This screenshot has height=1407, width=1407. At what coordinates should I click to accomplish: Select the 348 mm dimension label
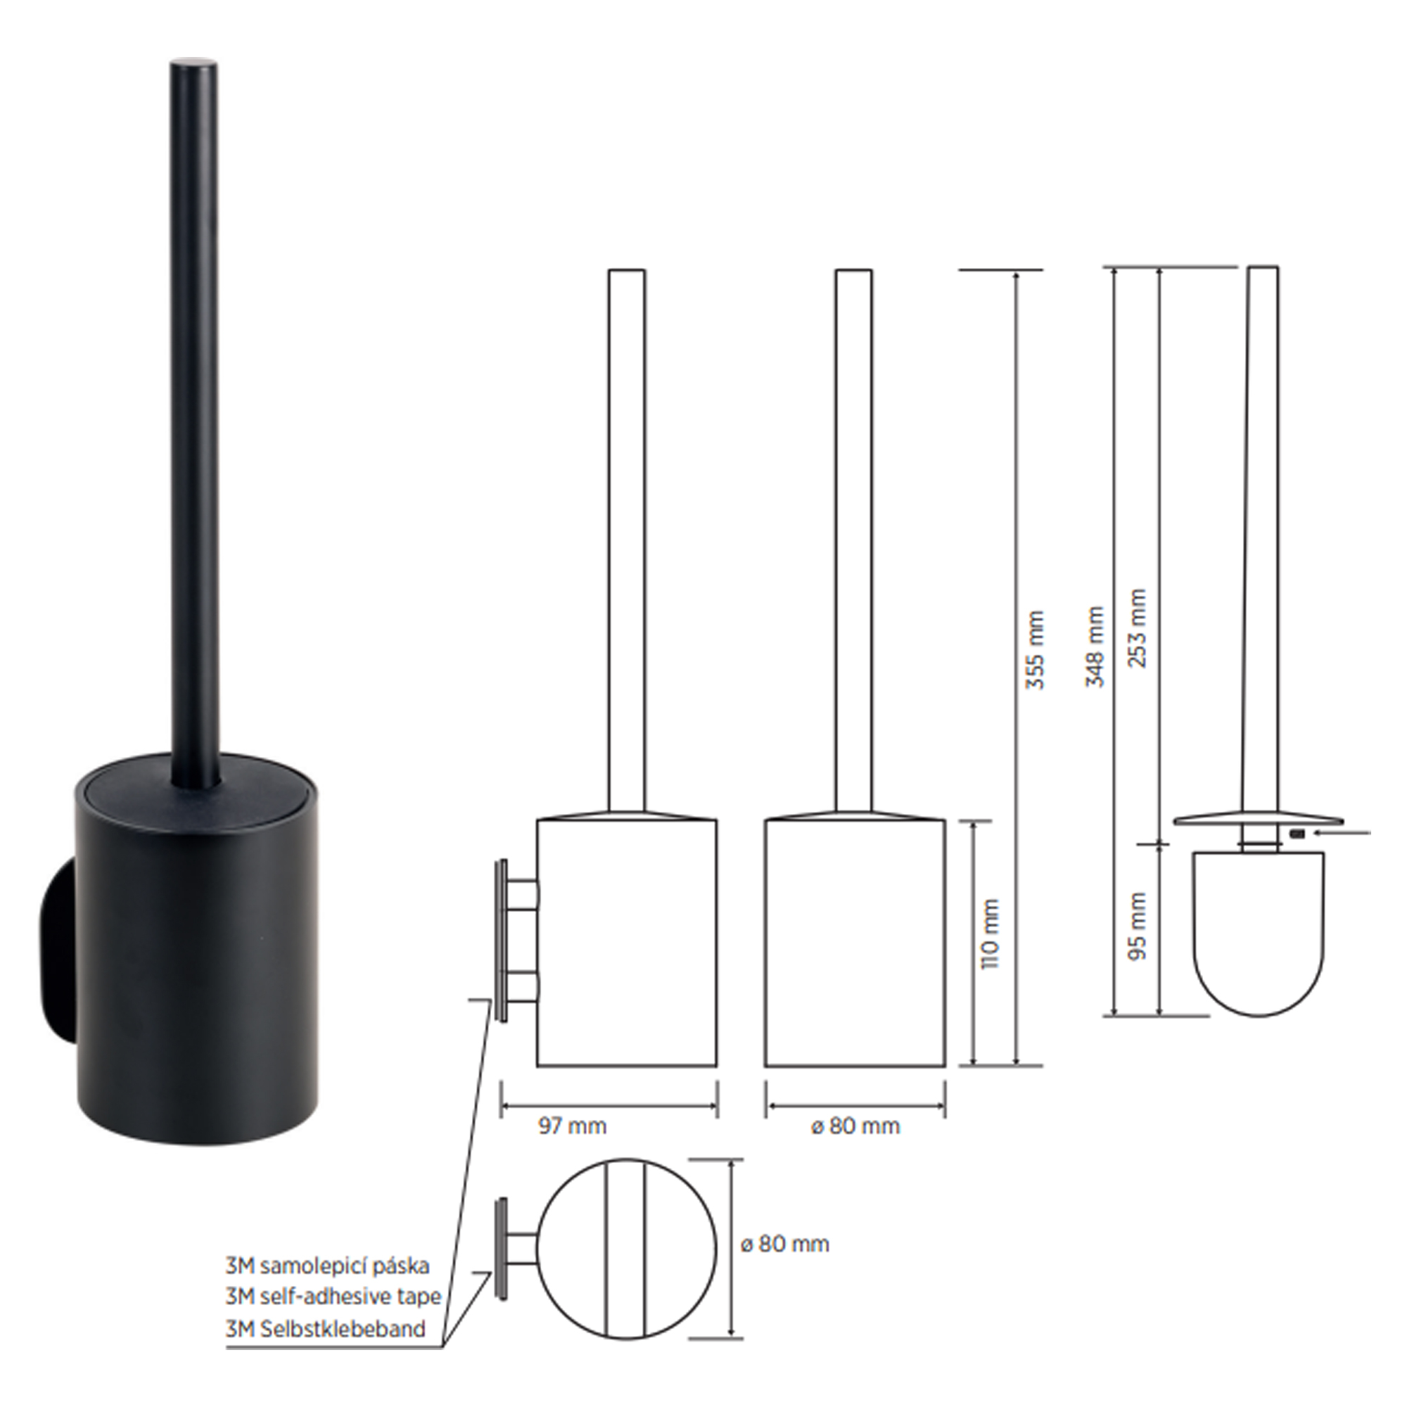[x=1095, y=647]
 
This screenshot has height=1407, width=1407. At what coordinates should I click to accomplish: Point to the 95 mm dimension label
[x=1137, y=926]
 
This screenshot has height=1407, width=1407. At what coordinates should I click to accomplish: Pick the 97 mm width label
[x=573, y=1126]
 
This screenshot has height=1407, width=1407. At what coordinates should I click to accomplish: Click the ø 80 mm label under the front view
[x=855, y=1126]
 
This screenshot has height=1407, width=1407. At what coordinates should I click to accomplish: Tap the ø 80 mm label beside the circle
[x=784, y=1243]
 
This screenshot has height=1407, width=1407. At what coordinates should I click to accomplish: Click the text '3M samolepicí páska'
[x=327, y=1266]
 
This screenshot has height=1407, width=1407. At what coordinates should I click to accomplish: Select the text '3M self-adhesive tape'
[x=333, y=1297]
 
